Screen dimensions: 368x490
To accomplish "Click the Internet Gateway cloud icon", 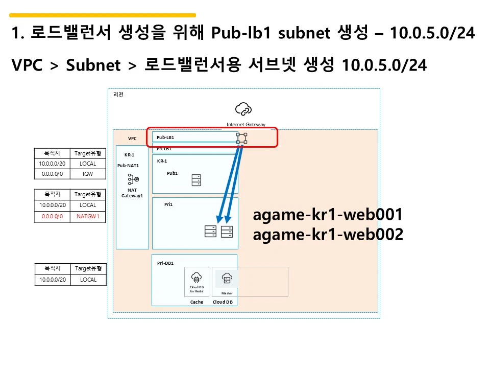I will pyautogui.click(x=243, y=109).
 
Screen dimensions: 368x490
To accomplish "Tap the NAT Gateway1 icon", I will pyautogui.click(x=133, y=179).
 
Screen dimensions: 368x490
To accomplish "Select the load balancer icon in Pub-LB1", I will pyautogui.click(x=242, y=138).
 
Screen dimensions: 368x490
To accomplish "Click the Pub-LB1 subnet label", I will pyautogui.click(x=165, y=137).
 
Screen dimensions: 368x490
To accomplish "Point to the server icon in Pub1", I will pyautogui.click(x=196, y=180).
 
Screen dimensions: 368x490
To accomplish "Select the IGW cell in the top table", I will pyautogui.click(x=88, y=174).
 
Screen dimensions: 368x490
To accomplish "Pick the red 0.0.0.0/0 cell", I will pyautogui.click(x=53, y=216).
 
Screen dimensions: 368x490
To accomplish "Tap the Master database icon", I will pyautogui.click(x=227, y=279).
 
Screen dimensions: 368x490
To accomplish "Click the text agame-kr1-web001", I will pyautogui.click(x=328, y=215).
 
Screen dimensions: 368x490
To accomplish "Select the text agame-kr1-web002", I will pyautogui.click(x=328, y=235).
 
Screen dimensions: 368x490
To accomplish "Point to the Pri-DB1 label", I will pyautogui.click(x=165, y=263).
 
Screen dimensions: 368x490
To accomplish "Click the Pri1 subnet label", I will pyautogui.click(x=168, y=204).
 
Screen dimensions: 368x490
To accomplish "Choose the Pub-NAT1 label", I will pyautogui.click(x=128, y=166).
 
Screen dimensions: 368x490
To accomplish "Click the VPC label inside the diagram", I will pyautogui.click(x=132, y=139).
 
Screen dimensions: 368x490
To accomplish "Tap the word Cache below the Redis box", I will pyautogui.click(x=197, y=302).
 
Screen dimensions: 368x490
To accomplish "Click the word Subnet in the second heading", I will pyautogui.click(x=93, y=65).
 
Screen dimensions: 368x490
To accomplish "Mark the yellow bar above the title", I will pyautogui.click(x=102, y=15).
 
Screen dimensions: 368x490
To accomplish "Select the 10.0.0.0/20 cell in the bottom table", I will pyautogui.click(x=53, y=280).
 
